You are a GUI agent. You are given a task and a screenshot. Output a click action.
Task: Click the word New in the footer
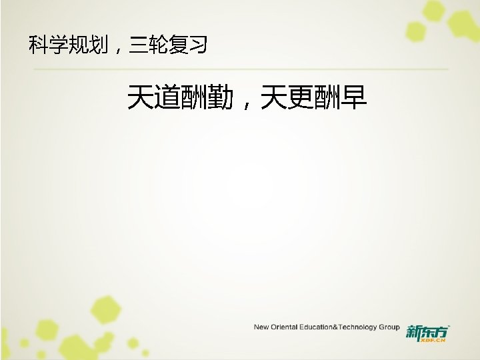coord(261,327)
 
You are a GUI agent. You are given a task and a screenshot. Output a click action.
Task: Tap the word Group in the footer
coord(389,327)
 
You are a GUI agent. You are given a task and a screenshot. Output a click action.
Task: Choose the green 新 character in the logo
coord(413,331)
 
